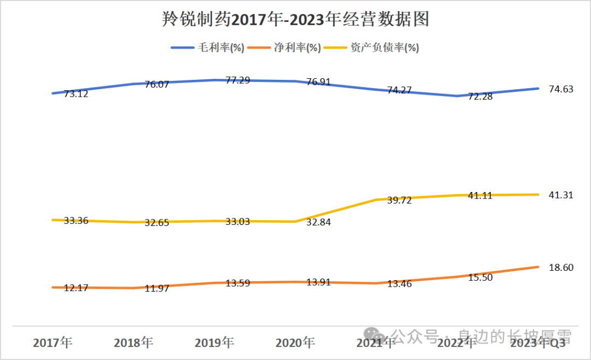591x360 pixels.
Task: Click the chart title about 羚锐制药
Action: point(296,20)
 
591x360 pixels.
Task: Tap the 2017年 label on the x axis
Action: point(53,343)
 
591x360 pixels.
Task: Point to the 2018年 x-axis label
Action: point(134,343)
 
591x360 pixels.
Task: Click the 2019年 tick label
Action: point(215,343)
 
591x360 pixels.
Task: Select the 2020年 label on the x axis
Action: point(296,343)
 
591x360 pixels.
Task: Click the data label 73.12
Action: point(76,94)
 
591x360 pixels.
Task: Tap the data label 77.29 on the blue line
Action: point(238,80)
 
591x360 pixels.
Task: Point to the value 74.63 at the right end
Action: point(561,89)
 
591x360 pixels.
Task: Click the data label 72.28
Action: point(481,96)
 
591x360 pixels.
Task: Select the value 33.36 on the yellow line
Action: point(76,221)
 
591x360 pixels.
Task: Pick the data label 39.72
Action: point(400,200)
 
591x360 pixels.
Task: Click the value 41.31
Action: point(561,195)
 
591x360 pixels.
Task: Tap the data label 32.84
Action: point(319,222)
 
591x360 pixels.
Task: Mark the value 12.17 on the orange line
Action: point(76,288)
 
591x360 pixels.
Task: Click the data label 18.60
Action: point(561,268)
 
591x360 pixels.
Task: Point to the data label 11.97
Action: point(157,288)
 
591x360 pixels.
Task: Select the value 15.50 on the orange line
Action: point(481,277)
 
